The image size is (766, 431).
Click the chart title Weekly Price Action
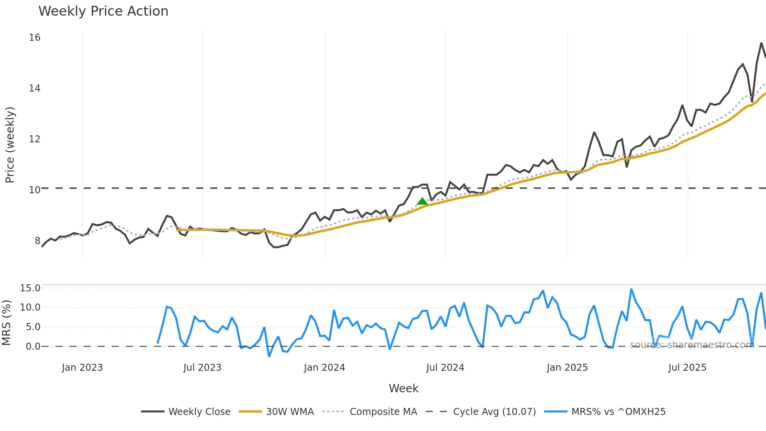tap(103, 11)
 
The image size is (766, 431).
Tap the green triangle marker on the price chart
tap(422, 201)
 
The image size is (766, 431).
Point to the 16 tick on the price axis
tap(35, 38)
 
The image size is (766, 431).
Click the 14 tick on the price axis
tap(35, 88)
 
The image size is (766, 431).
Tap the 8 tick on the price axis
tap(38, 241)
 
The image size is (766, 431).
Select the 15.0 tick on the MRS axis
tap(30, 288)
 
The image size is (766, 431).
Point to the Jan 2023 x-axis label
tap(82, 368)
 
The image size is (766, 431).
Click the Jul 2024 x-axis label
tap(445, 368)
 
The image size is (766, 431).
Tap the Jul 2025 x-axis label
tap(687, 368)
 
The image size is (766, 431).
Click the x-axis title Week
tap(403, 388)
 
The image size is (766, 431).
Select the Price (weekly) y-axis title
tap(10, 145)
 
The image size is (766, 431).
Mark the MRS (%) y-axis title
tap(6, 323)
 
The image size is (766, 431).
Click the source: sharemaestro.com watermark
tap(692, 345)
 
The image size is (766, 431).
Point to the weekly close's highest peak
tap(761, 43)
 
